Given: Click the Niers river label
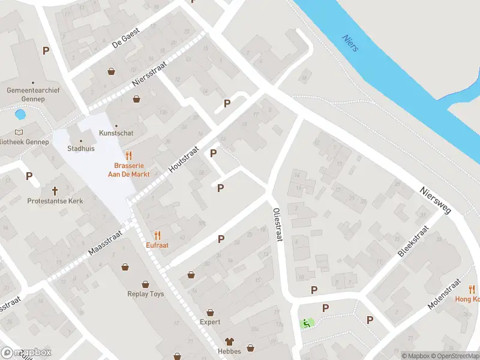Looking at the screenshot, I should (350, 43).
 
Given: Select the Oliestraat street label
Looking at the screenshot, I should (277, 224).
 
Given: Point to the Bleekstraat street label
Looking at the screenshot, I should (414, 241).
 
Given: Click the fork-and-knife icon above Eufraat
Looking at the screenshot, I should (158, 235).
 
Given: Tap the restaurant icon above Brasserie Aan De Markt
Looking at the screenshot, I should (128, 155).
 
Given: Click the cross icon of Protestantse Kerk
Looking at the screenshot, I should (55, 191).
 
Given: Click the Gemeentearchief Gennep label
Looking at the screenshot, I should (25, 94).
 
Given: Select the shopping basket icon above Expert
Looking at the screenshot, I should (210, 312).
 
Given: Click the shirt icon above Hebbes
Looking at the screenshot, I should (229, 341).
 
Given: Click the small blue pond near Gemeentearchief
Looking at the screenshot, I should (20, 114).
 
